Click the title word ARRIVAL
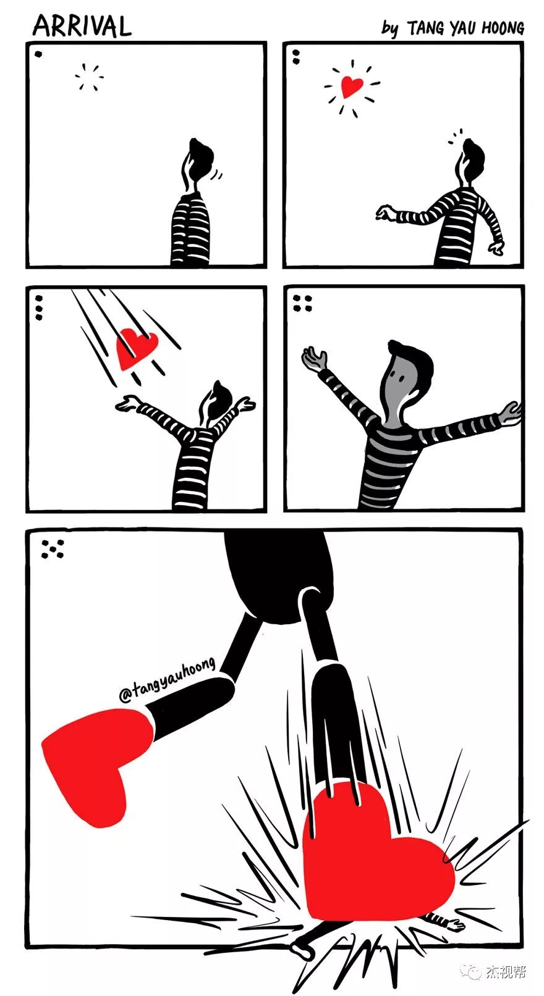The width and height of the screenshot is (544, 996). [x=82, y=26]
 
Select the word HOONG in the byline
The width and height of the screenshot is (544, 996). [x=503, y=28]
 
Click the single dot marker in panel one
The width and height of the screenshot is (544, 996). [x=39, y=54]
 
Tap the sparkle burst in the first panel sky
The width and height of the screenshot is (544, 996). [x=89, y=77]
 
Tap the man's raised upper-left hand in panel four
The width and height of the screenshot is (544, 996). [x=313, y=358]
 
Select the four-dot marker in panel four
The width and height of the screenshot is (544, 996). [x=302, y=303]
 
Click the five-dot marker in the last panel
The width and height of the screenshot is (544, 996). [x=53, y=549]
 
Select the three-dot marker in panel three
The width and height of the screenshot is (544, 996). [x=39, y=308]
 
